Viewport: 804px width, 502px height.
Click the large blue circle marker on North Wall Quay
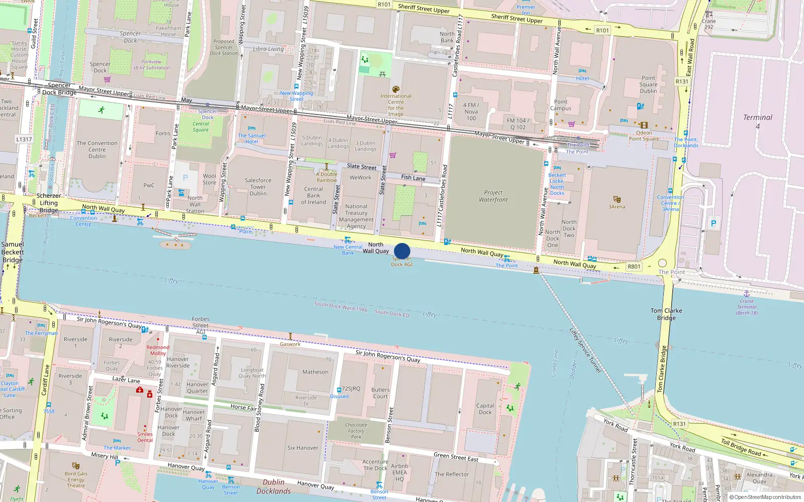pyautogui.click(x=402, y=251)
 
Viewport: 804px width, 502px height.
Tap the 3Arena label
pyautogui.click(x=617, y=206)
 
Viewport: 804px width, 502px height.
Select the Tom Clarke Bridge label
pyautogui.click(x=666, y=314)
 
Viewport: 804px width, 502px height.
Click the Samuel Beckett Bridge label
pyautogui.click(x=12, y=252)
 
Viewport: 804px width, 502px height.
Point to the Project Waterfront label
pyautogui.click(x=493, y=196)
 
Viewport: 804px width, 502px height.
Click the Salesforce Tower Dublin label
pyautogui.click(x=258, y=187)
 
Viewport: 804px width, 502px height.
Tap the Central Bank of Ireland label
pyautogui.click(x=314, y=195)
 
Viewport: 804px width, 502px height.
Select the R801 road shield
pyautogui.click(x=634, y=267)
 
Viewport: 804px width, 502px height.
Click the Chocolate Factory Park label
pyautogui.click(x=356, y=431)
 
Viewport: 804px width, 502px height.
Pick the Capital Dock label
pyautogui.click(x=485, y=409)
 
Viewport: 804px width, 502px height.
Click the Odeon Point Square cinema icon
pyautogui.click(x=644, y=125)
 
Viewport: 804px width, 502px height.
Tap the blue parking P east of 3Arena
pyautogui.click(x=713, y=223)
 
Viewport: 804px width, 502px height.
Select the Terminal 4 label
pyautogui.click(x=757, y=121)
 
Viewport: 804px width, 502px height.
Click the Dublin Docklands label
pyautogui.click(x=273, y=486)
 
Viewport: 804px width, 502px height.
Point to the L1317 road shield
pyautogui.click(x=24, y=140)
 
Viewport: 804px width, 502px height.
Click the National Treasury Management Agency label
pyautogui.click(x=356, y=216)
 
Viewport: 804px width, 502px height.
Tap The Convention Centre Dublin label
pyautogui.click(x=97, y=150)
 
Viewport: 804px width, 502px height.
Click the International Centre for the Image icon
pyautogui.click(x=396, y=89)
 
